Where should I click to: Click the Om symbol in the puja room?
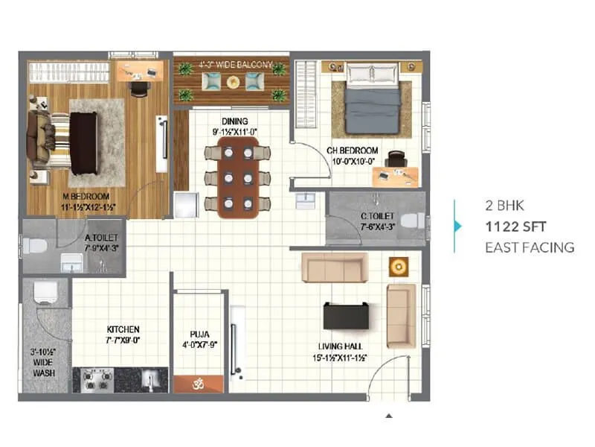coord(198,384)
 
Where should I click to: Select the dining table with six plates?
coord(238,177)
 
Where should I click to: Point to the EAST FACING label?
coord(529,247)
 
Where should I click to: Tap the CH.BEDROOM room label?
coord(353,151)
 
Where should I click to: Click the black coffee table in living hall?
coord(344,315)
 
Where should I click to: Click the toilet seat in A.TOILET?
coord(33,245)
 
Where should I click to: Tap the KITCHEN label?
coord(123,329)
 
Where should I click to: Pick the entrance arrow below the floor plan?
coord(387,416)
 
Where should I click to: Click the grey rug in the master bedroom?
coord(97,142)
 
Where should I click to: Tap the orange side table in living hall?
coord(399,265)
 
